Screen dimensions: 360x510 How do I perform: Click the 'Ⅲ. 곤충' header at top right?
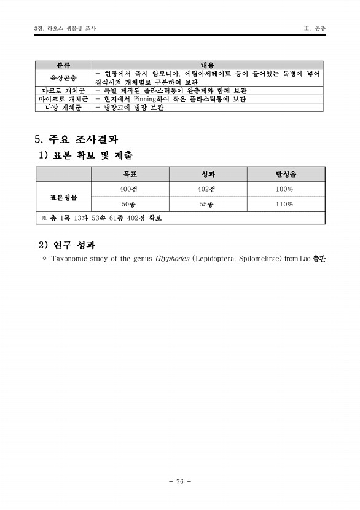[315, 28]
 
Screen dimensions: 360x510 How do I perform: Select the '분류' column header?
[63, 65]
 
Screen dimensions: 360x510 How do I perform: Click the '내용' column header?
[207, 65]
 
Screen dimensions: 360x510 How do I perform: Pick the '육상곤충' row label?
[63, 78]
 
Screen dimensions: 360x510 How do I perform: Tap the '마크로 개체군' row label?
[63, 90]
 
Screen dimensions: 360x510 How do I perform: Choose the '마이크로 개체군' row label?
[63, 98]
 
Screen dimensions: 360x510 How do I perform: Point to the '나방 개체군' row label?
[63, 107]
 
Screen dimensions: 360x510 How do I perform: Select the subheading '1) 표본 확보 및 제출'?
[85, 155]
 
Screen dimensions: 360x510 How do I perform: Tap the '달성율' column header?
[284, 174]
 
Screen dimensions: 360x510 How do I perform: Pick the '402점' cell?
[206, 189]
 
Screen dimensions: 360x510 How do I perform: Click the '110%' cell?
[284, 204]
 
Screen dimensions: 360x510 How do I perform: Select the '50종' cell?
[128, 204]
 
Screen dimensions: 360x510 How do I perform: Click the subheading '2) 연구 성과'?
[67, 245]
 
